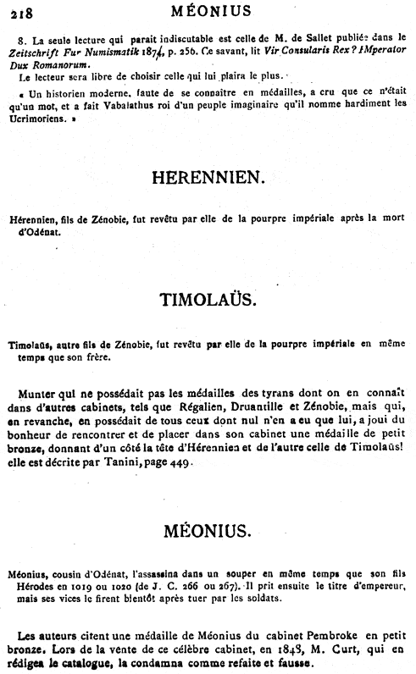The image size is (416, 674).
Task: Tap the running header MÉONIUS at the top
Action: point(208,11)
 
